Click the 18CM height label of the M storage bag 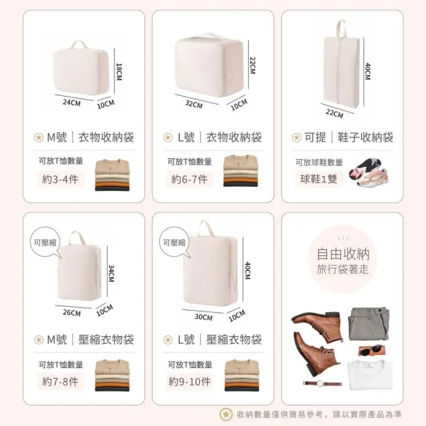119,72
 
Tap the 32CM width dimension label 194,104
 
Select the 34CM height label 111,274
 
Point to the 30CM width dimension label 204,317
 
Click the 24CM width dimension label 72,103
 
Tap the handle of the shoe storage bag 341,29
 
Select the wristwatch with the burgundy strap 322,383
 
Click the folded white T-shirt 370,375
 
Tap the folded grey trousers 369,324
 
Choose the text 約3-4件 61,179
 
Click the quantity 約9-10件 190,381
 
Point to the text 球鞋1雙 319,179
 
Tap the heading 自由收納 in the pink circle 343,254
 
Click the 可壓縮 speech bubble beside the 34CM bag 45,242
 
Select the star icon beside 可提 297,138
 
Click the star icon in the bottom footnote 226,414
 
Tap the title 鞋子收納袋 365,137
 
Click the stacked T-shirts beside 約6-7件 240,170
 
